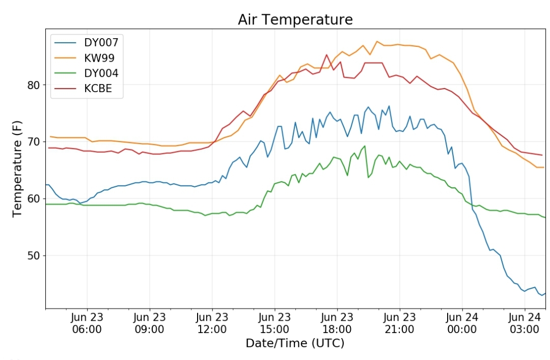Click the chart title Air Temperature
(x=295, y=20)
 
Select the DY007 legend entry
(x=101, y=42)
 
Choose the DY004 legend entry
(x=101, y=73)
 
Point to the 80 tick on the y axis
(x=33, y=85)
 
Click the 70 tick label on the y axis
(x=33, y=142)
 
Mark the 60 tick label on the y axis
(x=33, y=199)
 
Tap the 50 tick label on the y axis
(x=33, y=256)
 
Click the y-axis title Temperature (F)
(x=17, y=171)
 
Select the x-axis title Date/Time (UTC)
(x=295, y=343)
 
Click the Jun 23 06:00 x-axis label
(x=87, y=322)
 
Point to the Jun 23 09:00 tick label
(x=150, y=322)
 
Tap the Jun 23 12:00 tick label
(x=212, y=322)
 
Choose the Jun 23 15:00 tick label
(x=274, y=322)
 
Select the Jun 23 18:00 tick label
(x=337, y=322)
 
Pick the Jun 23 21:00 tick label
(x=400, y=322)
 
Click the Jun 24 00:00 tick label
(x=462, y=322)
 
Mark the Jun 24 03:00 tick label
(x=525, y=322)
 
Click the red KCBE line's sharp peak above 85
(x=326, y=54)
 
